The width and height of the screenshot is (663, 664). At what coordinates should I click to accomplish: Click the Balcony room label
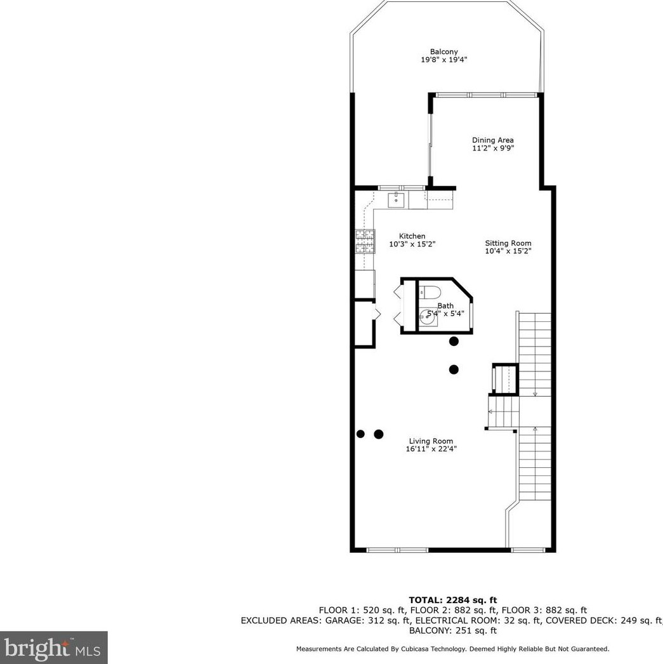tap(443, 52)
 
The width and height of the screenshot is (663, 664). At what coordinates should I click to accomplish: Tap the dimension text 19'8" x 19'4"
tap(443, 60)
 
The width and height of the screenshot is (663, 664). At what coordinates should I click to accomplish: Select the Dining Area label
tap(492, 140)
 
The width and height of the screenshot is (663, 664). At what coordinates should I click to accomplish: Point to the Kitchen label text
tap(412, 236)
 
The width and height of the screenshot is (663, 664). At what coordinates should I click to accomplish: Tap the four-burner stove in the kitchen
tap(365, 242)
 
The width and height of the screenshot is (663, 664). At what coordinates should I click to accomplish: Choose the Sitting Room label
tap(508, 243)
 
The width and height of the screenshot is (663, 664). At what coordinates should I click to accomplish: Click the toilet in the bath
tap(431, 293)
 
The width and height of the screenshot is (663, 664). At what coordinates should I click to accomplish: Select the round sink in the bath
tap(428, 319)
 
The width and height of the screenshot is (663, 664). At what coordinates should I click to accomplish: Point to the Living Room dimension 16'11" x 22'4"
tap(431, 449)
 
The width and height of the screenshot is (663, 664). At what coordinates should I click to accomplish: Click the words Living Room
tap(431, 441)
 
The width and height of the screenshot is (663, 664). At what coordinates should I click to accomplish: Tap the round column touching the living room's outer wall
tap(360, 434)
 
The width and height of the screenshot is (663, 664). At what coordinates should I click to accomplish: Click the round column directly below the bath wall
tap(454, 342)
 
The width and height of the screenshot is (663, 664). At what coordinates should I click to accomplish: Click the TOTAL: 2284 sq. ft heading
tap(452, 600)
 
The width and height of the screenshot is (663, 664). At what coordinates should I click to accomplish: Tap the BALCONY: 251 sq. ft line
tap(452, 630)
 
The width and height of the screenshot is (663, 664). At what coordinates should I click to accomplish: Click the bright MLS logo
tap(53, 647)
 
